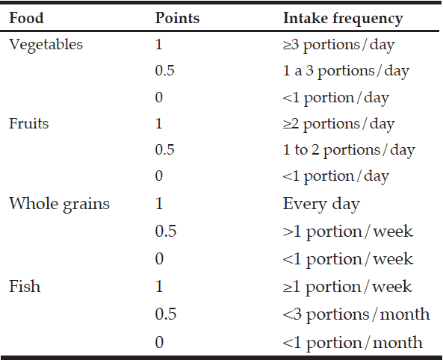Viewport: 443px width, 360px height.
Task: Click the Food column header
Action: click(26, 18)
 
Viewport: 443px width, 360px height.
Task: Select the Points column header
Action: click(177, 18)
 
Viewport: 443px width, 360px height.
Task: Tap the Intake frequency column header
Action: click(343, 19)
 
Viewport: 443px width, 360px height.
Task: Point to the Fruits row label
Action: click(28, 123)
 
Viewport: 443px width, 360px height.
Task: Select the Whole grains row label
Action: click(59, 205)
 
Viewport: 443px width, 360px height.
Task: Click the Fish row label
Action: click(25, 286)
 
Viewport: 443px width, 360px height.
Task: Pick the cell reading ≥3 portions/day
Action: click(338, 46)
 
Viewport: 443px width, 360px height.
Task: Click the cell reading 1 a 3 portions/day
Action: click(346, 72)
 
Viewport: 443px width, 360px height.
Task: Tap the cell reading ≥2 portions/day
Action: click(338, 125)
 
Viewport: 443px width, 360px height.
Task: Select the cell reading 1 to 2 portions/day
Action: click(349, 151)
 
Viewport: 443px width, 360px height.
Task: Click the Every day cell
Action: click(321, 205)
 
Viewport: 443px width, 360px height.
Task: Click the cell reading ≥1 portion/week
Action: click(347, 288)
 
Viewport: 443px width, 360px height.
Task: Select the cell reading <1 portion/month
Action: click(353, 343)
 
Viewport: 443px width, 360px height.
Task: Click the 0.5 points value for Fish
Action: click(166, 314)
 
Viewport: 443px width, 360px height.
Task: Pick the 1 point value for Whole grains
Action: click(159, 203)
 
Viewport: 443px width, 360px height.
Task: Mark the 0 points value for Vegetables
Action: click(159, 98)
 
